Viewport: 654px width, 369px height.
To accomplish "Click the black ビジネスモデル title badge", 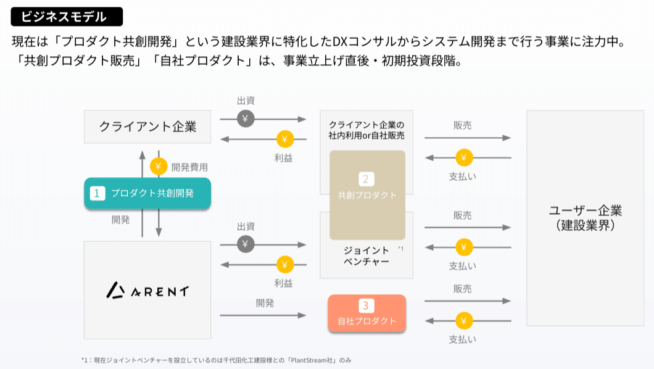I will pyautogui.click(x=67, y=17).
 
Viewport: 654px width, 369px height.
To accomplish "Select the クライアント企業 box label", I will pyautogui.click(x=147, y=126).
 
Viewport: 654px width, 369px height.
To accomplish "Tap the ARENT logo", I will pyautogui.click(x=147, y=290).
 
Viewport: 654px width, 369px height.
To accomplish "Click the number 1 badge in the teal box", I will pyautogui.click(x=96, y=193).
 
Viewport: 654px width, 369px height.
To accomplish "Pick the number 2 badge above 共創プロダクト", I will pyautogui.click(x=366, y=179).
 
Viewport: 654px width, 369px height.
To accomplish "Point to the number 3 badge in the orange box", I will pyautogui.click(x=366, y=305).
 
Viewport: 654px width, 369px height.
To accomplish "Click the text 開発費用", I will pyautogui.click(x=189, y=167).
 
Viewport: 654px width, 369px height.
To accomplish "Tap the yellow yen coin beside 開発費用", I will pyautogui.click(x=159, y=167).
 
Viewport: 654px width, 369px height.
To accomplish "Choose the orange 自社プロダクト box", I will pyautogui.click(x=366, y=314).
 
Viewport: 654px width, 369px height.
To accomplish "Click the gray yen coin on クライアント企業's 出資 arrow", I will pyautogui.click(x=246, y=119).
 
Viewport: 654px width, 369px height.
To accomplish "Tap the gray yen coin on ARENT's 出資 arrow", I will pyautogui.click(x=246, y=244).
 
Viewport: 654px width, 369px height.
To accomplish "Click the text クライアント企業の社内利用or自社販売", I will pyautogui.click(x=366, y=130).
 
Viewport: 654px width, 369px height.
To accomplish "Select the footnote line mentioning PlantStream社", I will pyautogui.click(x=219, y=359).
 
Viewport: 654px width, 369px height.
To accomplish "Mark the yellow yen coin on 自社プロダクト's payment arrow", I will pyautogui.click(x=464, y=321).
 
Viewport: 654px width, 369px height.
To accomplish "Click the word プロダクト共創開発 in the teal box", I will pyautogui.click(x=152, y=193).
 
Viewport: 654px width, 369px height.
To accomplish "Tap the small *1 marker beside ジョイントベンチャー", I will pyautogui.click(x=400, y=249).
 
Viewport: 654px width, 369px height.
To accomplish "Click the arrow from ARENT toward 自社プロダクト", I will pyautogui.click(x=262, y=315).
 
